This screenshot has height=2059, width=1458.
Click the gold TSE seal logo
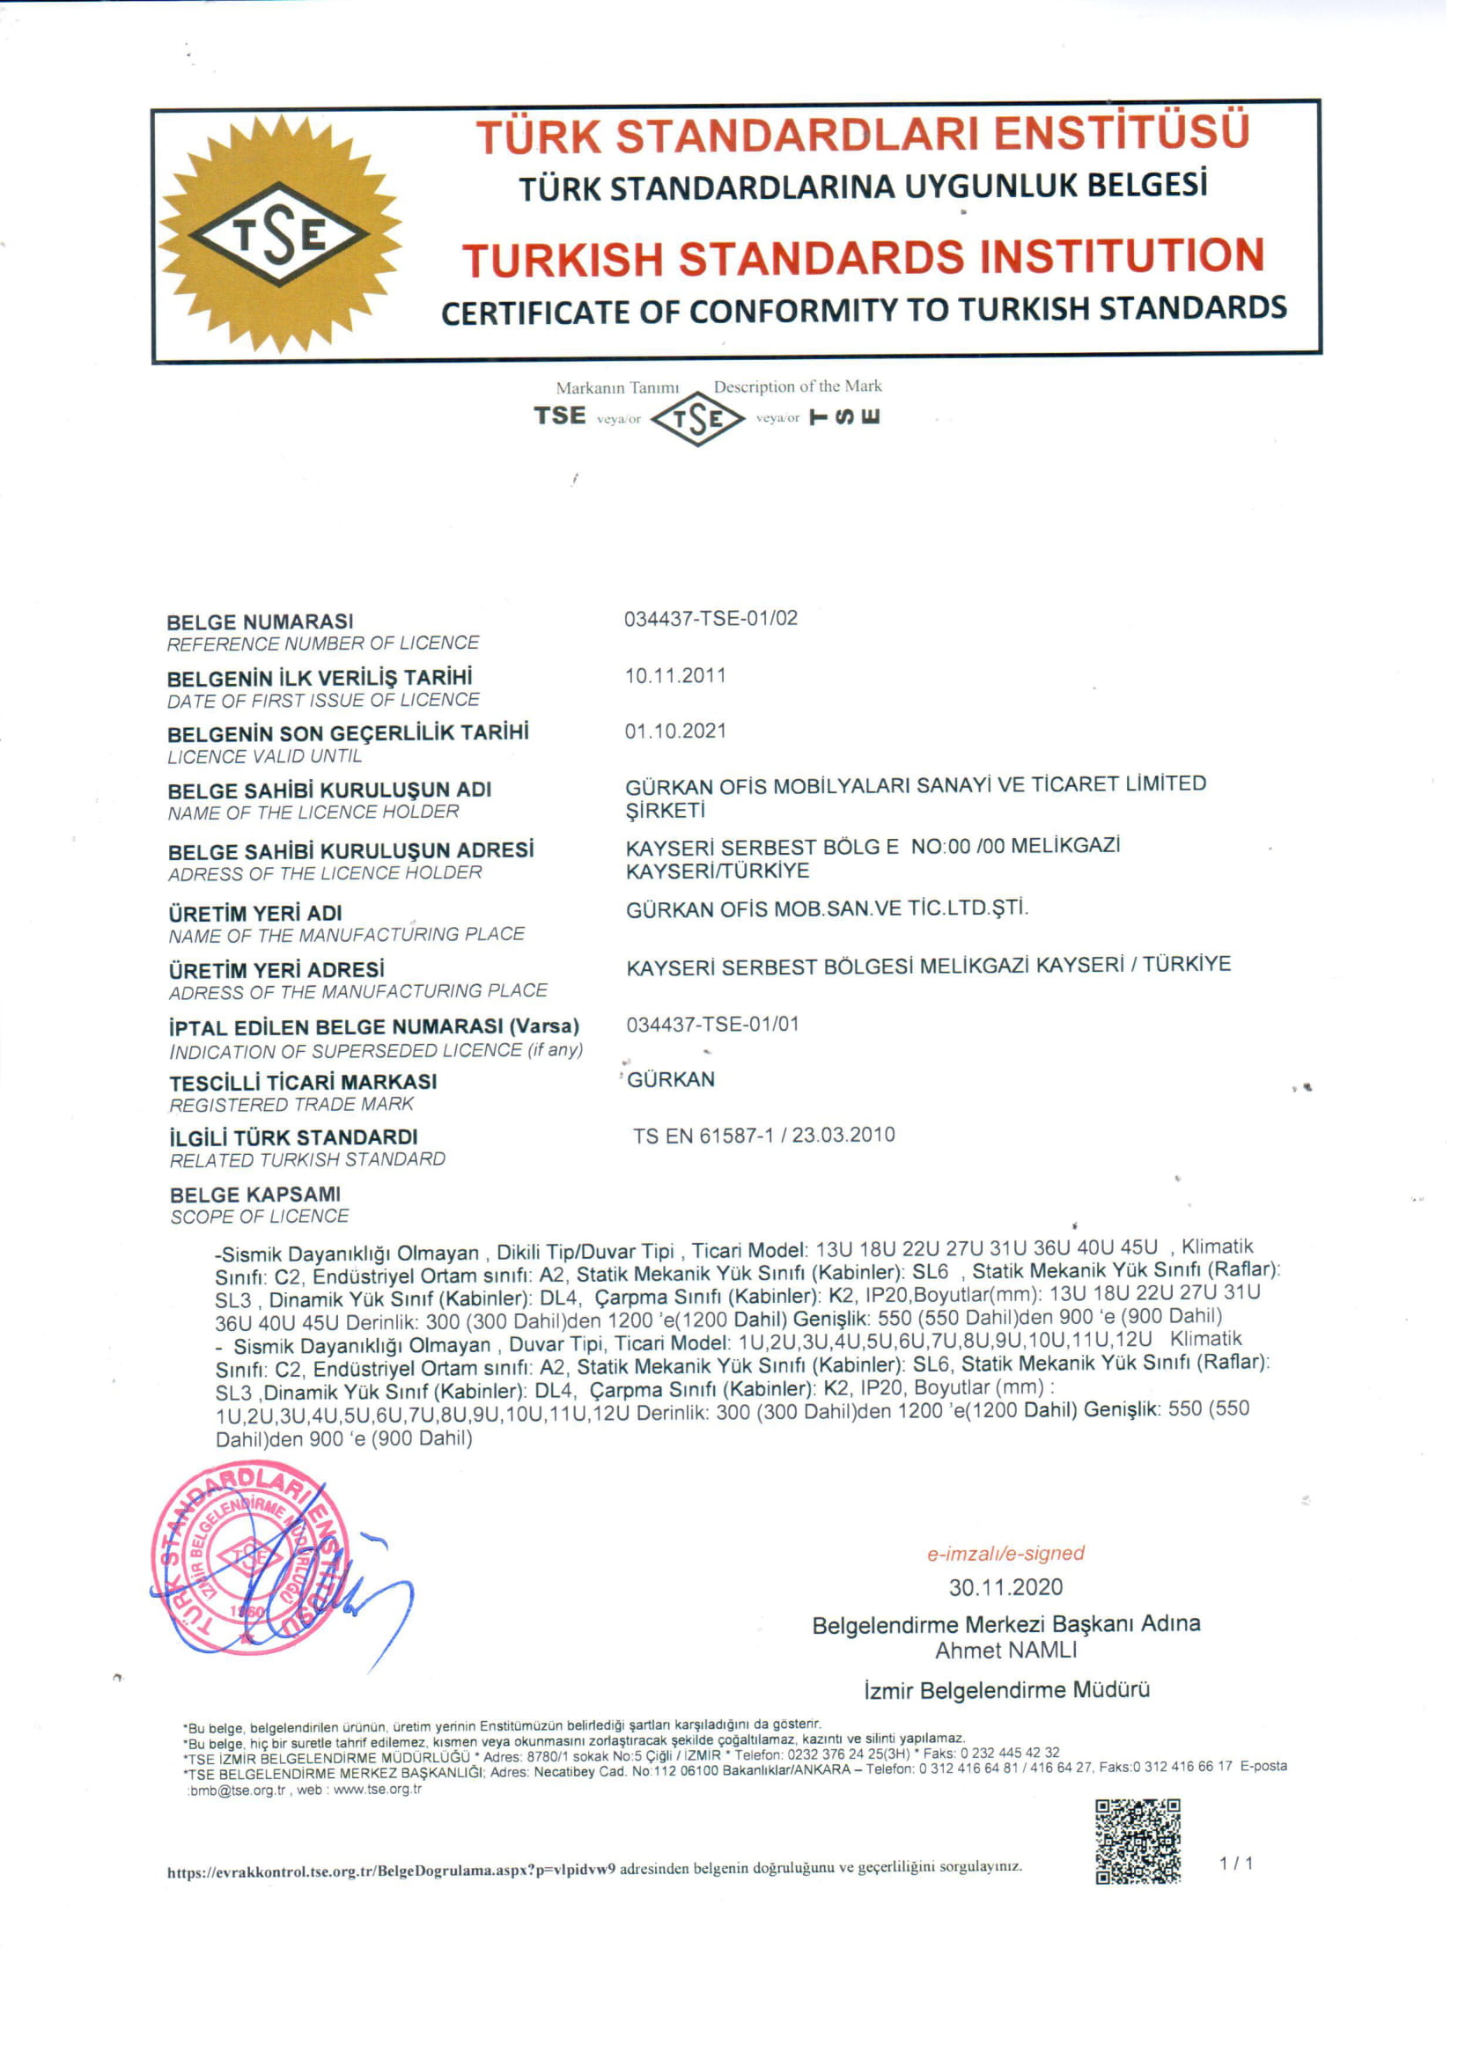pyautogui.click(x=278, y=235)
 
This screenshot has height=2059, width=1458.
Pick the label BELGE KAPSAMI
pyautogui.click(x=257, y=1203)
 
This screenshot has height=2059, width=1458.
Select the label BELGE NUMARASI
pyautogui.click(x=262, y=627)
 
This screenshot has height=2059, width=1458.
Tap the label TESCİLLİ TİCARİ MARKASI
pyautogui.click(x=306, y=1091)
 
